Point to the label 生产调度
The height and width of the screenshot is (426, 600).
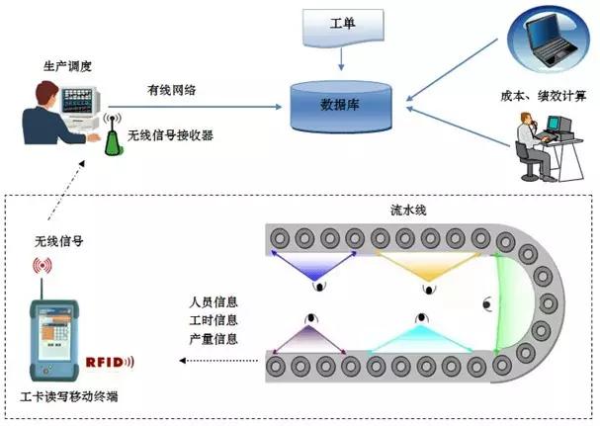68,65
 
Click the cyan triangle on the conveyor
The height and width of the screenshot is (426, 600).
419,338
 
